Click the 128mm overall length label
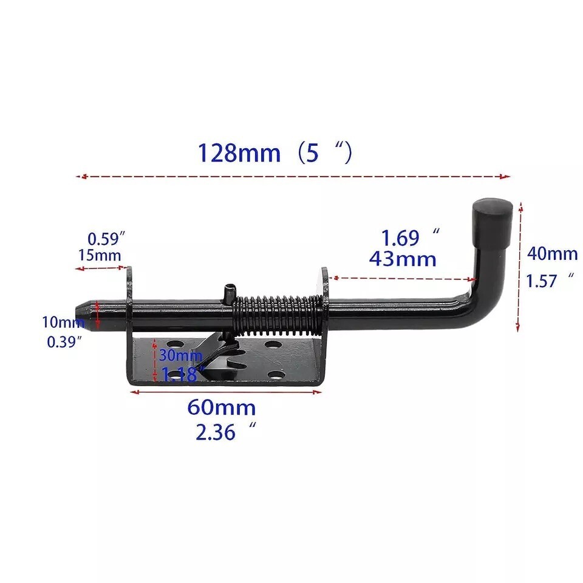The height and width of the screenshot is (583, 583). [x=238, y=153]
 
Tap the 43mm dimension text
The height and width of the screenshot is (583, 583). [x=403, y=259]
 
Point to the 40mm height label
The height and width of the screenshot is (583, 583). [x=552, y=253]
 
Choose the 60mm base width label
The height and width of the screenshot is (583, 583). [x=221, y=407]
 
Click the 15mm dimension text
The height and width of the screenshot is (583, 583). [x=99, y=255]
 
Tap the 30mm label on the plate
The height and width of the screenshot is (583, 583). [x=180, y=355]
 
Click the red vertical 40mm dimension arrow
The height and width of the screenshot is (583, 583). [x=519, y=267]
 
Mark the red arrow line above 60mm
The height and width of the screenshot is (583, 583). [x=226, y=392]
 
